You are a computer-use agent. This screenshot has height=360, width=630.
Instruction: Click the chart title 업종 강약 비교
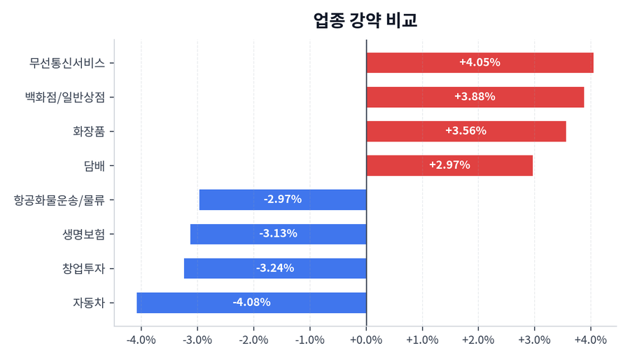click(365, 20)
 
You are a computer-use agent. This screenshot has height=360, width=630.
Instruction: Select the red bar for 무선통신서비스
click(479, 62)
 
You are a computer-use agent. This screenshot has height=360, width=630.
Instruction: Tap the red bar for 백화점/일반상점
click(475, 97)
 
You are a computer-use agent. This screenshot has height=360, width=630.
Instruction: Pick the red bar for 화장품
click(465, 131)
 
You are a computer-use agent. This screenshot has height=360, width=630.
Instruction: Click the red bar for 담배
click(449, 165)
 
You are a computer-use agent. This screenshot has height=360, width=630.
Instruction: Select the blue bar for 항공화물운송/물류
click(283, 200)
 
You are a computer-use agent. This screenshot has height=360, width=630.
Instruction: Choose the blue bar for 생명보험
click(278, 234)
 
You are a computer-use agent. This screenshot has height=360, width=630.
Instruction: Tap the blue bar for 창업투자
click(275, 268)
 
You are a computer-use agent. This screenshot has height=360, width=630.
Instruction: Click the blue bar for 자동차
click(251, 303)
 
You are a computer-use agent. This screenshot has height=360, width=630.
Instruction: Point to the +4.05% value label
click(479, 62)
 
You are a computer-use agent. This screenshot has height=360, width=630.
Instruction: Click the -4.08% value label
click(251, 303)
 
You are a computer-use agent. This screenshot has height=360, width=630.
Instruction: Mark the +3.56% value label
click(465, 131)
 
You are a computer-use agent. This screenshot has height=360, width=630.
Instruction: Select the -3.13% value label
click(278, 234)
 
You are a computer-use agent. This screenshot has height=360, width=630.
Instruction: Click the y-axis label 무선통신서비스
click(67, 62)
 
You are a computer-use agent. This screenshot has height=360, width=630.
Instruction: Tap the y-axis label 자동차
click(89, 303)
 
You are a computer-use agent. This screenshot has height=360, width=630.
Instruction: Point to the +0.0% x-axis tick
click(366, 340)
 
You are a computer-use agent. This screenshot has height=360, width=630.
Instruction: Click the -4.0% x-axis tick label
click(141, 340)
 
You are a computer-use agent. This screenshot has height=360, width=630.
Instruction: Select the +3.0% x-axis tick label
click(534, 340)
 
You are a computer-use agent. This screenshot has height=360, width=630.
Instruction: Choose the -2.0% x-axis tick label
click(253, 340)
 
